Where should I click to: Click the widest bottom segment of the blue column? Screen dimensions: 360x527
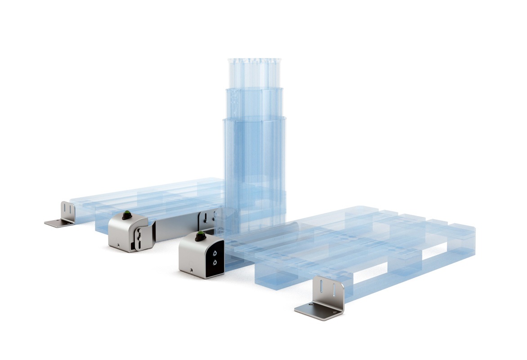point(255,171)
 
